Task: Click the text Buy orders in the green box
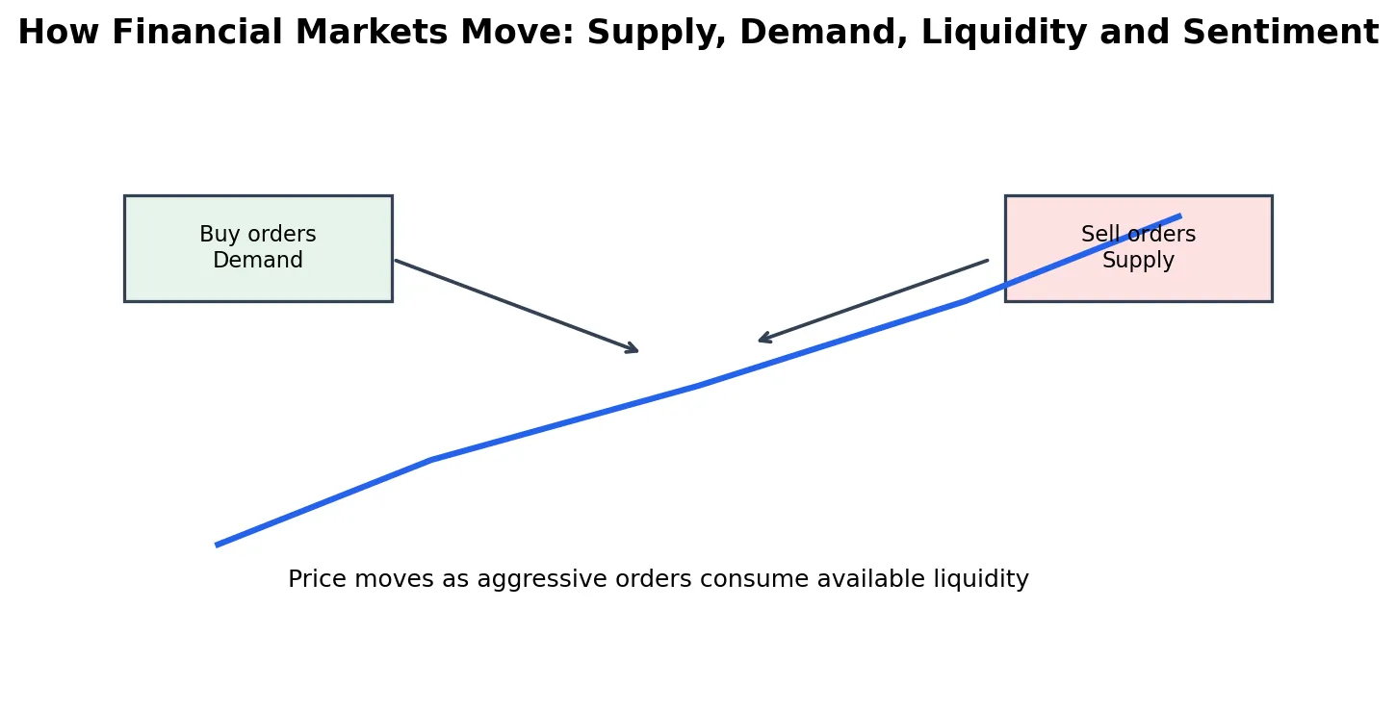coord(258,234)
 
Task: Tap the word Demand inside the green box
coord(258,260)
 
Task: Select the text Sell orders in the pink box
coord(1139,234)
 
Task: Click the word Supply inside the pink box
coord(1139,261)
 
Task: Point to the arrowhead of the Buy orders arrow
coord(636,350)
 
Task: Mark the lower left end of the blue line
coord(217,545)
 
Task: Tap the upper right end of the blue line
coord(1180,216)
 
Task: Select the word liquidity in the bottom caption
coord(981,580)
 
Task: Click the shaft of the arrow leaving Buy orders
coord(516,306)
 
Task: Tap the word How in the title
coord(58,32)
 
